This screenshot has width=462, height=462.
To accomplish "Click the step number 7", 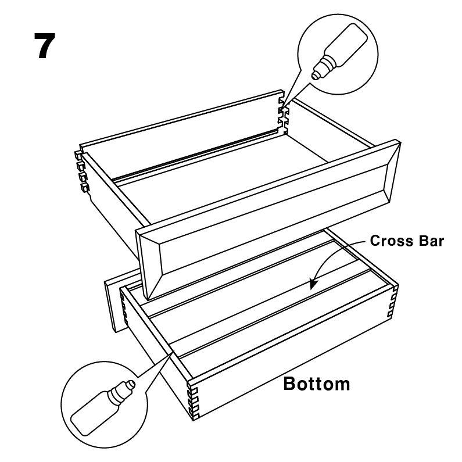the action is tap(45, 46).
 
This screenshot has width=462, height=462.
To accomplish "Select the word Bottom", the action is tap(317, 384).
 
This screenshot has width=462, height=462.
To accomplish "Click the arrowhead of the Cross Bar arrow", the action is tap(313, 284).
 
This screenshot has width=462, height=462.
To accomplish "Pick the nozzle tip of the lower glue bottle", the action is tap(132, 384).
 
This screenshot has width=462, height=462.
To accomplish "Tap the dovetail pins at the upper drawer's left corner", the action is tap(82, 171).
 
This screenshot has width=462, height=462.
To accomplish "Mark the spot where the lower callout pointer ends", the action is tap(174, 351).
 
